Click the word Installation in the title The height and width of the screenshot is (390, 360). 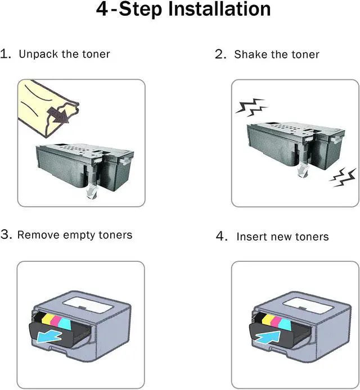point(219,9)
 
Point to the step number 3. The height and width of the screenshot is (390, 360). point(6,234)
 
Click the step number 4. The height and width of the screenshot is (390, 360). point(221,236)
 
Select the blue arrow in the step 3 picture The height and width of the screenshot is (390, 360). point(49,337)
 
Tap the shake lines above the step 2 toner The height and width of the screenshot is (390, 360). point(251,107)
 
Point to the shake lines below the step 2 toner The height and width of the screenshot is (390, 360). point(343,178)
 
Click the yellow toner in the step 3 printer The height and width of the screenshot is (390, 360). point(47,319)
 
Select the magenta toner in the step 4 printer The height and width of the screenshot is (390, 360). point(276,321)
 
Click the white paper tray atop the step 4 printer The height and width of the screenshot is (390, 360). point(309,306)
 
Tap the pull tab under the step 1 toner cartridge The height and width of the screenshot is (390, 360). point(91,192)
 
